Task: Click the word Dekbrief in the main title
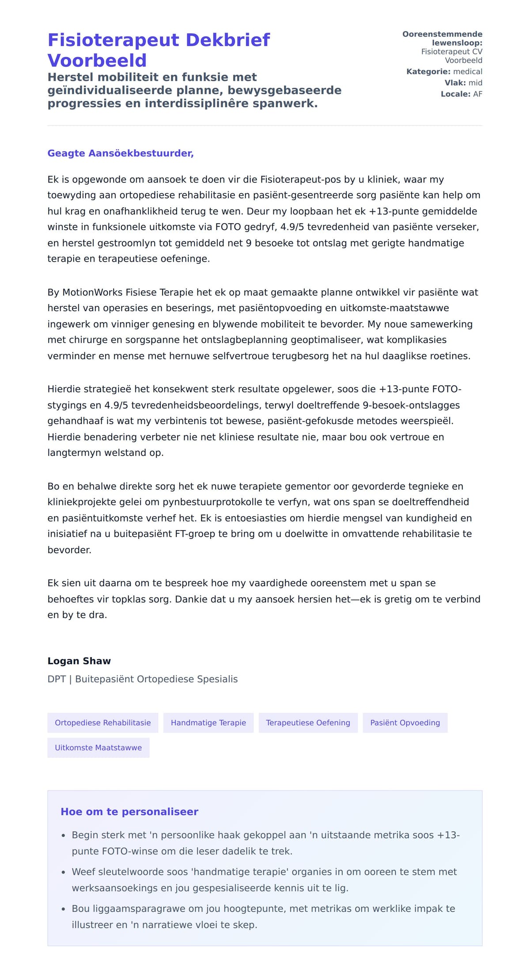tap(227, 40)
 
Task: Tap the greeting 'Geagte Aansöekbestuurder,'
tap(121, 153)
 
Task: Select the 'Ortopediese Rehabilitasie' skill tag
tap(102, 723)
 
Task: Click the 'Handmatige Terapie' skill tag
tap(208, 723)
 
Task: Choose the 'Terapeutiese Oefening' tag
tap(308, 723)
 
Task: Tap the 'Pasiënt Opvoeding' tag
tap(405, 723)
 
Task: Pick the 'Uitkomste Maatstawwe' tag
tap(98, 748)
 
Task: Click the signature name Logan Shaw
tap(79, 661)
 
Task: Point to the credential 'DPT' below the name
tap(56, 679)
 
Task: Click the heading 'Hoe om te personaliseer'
tap(129, 812)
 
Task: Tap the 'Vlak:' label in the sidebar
tap(455, 83)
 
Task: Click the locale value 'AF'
tap(477, 94)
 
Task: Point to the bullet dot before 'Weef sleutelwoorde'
tap(63, 872)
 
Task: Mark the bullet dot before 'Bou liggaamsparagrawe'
tap(63, 909)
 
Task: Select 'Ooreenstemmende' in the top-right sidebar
tap(442, 34)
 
